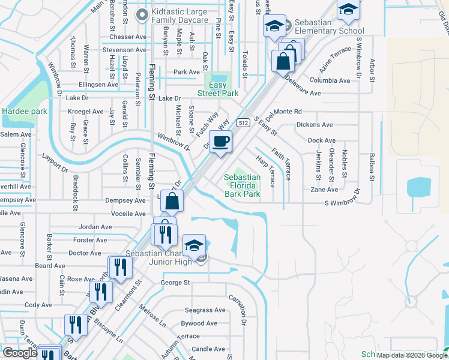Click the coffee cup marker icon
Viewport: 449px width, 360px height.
tap(221, 142)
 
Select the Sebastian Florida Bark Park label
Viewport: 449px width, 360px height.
tap(243, 185)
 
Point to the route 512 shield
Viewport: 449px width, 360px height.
tap(243, 122)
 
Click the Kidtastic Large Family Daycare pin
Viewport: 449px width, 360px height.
tap(142, 15)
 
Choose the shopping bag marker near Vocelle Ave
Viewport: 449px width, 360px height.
tap(172, 202)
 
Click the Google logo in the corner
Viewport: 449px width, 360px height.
tap(20, 352)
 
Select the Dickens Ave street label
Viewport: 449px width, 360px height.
tap(315, 125)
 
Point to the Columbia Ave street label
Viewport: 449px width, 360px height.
tap(330, 80)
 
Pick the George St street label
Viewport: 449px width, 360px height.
tap(175, 282)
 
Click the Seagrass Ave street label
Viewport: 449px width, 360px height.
tap(205, 310)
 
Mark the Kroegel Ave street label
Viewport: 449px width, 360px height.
tap(86, 112)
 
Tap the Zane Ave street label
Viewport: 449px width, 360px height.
tap(324, 189)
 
